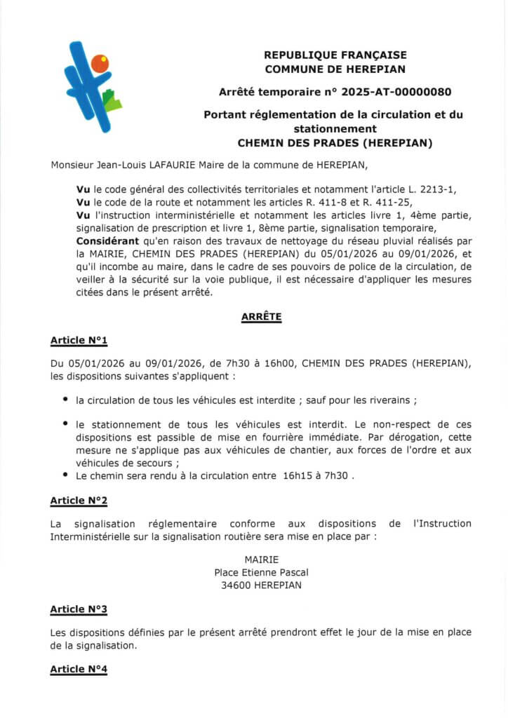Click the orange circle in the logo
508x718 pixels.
[100, 64]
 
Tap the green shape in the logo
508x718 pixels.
[112, 101]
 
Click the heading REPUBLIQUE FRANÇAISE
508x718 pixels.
[335, 55]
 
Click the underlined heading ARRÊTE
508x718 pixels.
[261, 316]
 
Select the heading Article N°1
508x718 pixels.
[79, 340]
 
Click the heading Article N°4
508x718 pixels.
[79, 670]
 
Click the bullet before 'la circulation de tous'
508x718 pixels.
[65, 400]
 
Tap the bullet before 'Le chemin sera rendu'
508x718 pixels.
[65, 475]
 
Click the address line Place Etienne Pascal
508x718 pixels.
[261, 572]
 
